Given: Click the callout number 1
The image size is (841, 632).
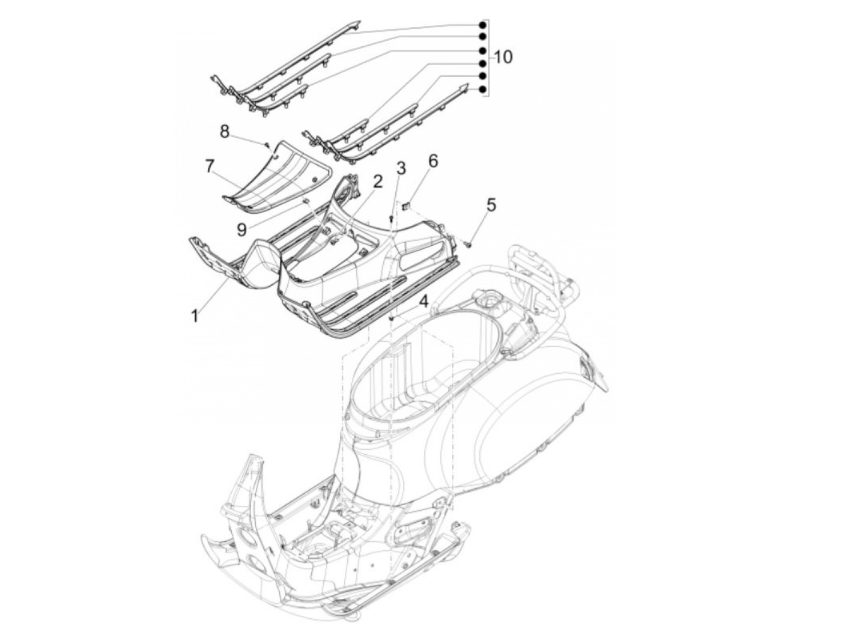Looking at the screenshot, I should pyautogui.click(x=195, y=315).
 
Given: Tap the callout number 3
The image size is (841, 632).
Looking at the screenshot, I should pyautogui.click(x=401, y=168).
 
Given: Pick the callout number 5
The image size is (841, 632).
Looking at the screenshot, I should pyautogui.click(x=491, y=205).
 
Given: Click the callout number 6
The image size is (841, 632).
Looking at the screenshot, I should pyautogui.click(x=433, y=160).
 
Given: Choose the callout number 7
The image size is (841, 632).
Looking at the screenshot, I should pyautogui.click(x=210, y=166).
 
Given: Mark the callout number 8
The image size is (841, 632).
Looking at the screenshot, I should pyautogui.click(x=225, y=131).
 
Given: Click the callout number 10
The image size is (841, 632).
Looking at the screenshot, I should pyautogui.click(x=503, y=57).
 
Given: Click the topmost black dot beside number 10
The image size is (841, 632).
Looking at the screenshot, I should pyautogui.click(x=482, y=25).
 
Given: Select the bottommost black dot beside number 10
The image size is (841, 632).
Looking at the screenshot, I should pyautogui.click(x=482, y=90).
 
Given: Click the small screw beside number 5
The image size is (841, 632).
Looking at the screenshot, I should pyautogui.click(x=469, y=243).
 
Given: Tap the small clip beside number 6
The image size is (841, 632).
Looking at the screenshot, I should pyautogui.click(x=407, y=205).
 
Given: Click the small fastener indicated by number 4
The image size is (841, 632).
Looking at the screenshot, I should pyautogui.click(x=391, y=318).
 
